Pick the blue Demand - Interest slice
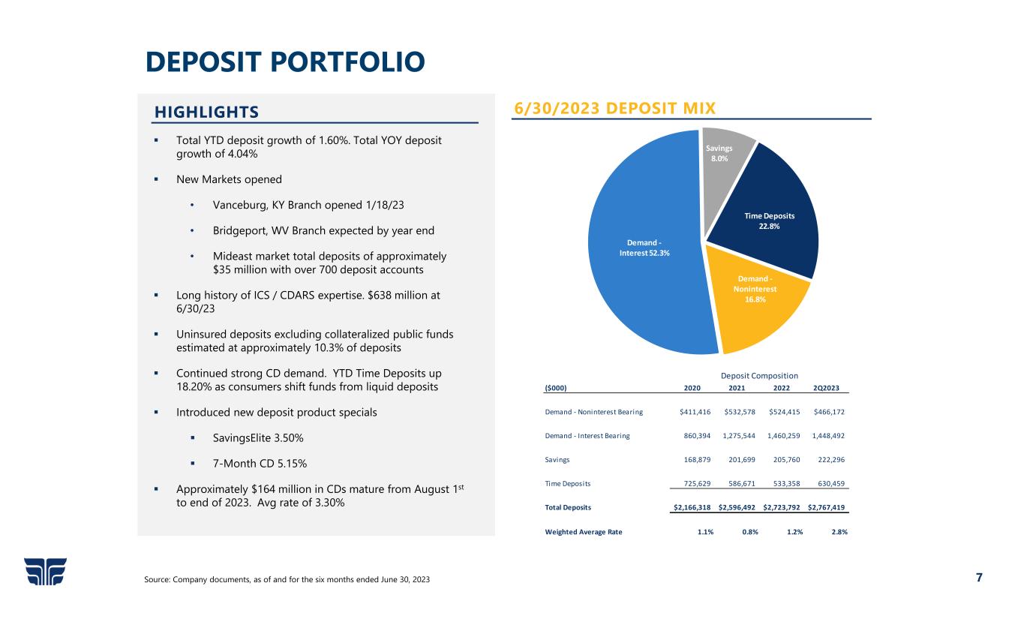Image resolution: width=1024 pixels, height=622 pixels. (x=645, y=248)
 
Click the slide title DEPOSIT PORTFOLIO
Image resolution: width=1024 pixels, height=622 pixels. (x=285, y=63)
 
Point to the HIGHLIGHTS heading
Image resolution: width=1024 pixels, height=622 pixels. (x=206, y=112)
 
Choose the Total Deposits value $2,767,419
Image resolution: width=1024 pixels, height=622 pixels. (x=827, y=507)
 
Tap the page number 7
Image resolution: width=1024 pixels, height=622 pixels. (x=978, y=577)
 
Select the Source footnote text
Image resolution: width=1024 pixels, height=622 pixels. (x=287, y=580)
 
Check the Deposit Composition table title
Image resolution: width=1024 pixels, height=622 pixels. (x=758, y=375)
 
